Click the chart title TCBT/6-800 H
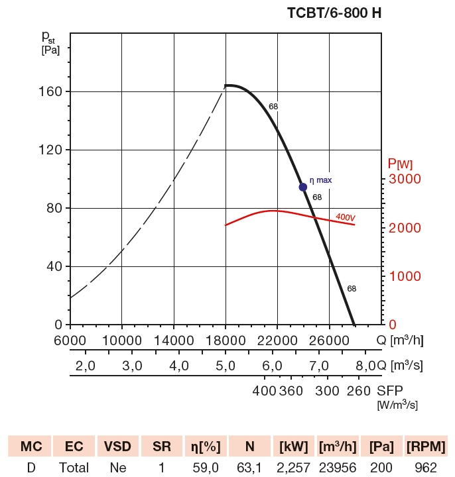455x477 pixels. pos(334,13)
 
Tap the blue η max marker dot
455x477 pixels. pos(303,187)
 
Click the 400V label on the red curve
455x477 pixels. pos(345,217)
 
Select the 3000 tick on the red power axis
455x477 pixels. pos(404,180)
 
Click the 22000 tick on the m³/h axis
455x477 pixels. pos(277,340)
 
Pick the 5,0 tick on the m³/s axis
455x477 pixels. pos(226,366)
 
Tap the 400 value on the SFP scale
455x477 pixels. pos(265,391)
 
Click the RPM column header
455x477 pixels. pos(426,446)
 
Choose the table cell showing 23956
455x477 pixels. pos(338,468)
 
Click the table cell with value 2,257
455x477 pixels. pos(293,468)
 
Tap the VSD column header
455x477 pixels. pos(118,446)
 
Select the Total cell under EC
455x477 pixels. pos(74,468)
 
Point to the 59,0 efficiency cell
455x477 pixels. pos(205,468)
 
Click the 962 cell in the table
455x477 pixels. pos(426,468)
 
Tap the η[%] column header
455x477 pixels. pos(205,446)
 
